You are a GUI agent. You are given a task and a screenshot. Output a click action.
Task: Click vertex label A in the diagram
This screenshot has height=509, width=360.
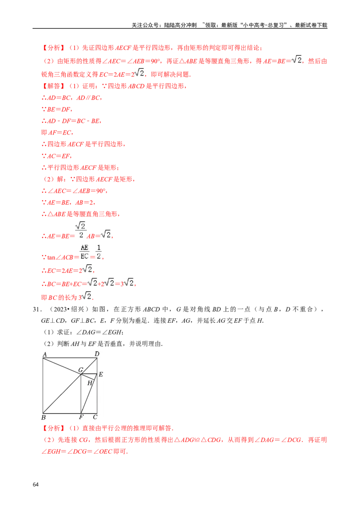coord(45,354)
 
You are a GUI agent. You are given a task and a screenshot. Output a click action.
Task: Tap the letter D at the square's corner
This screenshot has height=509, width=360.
coord(97,354)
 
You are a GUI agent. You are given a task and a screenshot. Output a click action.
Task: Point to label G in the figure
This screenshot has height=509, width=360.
coord(81,370)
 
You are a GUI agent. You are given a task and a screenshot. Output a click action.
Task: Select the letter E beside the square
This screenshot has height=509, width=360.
coord(101,374)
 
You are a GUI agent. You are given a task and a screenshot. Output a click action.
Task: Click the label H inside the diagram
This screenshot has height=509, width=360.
coord(90,383)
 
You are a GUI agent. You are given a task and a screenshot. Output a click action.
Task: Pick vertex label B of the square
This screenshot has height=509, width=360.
coord(43,417)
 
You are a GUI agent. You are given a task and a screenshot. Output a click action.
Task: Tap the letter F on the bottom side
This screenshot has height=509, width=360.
coord(81,417)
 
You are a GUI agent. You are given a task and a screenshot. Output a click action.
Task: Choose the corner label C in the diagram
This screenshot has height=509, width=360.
coord(95,417)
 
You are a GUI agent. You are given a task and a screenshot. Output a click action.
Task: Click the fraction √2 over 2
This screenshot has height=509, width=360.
coord(81,230)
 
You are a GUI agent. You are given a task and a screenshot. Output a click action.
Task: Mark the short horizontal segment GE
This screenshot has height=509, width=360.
coord(90,374)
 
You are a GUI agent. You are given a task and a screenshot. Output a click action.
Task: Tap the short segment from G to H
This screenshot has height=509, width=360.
coord(86,377)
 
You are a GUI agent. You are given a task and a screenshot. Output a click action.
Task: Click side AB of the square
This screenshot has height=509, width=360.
coord(43,385)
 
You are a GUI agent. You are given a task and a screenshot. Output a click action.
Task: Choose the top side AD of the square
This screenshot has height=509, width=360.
coord(70,358)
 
